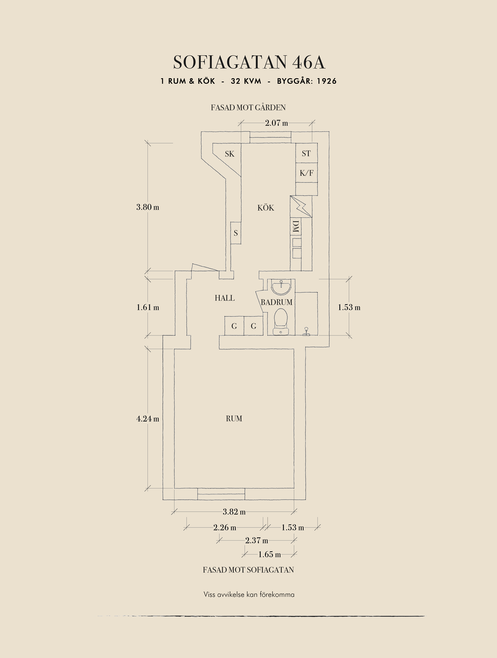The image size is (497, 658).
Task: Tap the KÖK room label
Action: [266, 208]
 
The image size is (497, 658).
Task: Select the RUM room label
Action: [234, 419]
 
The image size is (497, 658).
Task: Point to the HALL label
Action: [225, 298]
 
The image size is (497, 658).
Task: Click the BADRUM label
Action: [276, 302]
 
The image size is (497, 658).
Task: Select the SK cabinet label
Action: [230, 154]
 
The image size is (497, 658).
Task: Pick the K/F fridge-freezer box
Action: [306, 173]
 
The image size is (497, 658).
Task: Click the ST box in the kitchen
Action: [306, 153]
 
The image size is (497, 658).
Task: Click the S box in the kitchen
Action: [235, 233]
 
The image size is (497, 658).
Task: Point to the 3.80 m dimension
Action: [148, 207]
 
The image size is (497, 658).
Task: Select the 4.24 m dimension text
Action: [148, 419]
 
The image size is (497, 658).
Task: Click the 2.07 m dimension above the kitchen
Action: [276, 123]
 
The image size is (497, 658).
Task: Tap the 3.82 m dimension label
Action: [234, 512]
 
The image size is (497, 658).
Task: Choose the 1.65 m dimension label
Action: [269, 554]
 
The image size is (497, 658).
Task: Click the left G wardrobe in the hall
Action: [234, 326]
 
